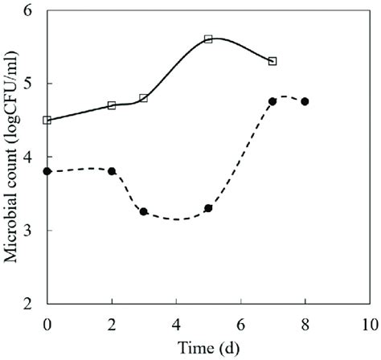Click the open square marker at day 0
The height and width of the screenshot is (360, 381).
tap(47, 121)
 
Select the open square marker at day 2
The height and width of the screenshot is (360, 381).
tap(112, 105)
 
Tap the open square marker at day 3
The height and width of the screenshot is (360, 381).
tap(144, 98)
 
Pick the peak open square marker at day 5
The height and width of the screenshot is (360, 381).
tap(208, 39)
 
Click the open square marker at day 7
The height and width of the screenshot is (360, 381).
tap(272, 61)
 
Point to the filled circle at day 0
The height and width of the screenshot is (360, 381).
tap(47, 171)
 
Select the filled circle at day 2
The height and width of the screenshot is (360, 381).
tap(112, 171)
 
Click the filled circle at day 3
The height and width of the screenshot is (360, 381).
tap(144, 211)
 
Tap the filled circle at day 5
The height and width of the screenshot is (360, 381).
tap(208, 208)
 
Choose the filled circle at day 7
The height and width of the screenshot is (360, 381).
tap(272, 101)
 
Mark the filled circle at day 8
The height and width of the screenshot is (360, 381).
tap(305, 101)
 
